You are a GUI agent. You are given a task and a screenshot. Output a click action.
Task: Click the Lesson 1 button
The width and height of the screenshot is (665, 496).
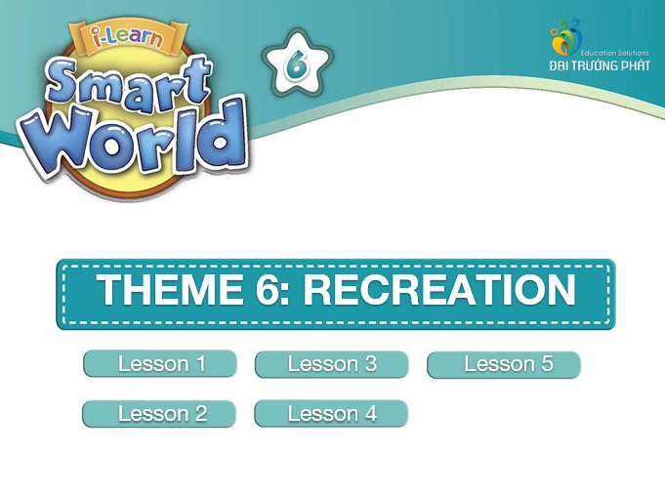160,363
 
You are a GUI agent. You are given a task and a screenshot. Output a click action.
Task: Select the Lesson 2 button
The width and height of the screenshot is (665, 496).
159,413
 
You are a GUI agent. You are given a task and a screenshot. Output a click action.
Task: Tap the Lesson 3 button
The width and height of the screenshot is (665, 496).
332,364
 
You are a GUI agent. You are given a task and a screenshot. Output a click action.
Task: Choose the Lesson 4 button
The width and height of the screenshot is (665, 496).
331,413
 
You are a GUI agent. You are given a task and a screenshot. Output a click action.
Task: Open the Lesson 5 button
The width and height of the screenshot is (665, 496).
504,364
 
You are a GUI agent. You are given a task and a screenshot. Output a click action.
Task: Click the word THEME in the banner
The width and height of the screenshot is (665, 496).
170,289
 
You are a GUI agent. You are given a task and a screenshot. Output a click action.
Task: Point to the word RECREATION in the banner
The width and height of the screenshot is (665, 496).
439,289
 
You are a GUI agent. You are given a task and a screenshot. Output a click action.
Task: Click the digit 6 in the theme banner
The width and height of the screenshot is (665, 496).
267,289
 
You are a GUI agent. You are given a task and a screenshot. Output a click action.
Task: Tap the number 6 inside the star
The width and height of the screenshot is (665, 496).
297,64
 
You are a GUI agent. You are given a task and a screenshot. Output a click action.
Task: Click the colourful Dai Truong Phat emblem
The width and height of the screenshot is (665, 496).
566,37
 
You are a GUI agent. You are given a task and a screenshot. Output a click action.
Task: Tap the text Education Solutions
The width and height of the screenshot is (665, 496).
614,53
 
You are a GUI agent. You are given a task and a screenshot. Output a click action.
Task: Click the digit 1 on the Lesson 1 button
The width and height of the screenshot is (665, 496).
200,364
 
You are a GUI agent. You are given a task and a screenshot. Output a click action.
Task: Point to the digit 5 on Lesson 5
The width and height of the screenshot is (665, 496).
547,364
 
